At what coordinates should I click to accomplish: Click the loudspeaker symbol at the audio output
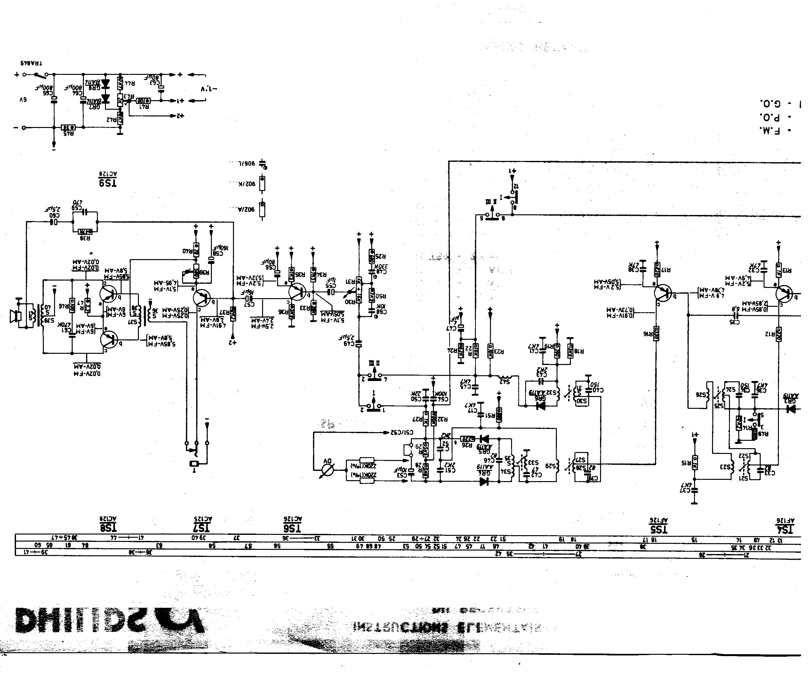(15, 317)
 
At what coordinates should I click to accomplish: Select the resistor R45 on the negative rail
(68, 128)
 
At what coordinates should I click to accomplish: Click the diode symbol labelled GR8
(106, 83)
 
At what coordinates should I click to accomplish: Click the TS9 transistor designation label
(108, 183)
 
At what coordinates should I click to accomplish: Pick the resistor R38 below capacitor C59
(85, 232)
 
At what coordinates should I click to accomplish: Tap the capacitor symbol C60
(54, 222)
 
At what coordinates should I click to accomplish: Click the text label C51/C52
(402, 432)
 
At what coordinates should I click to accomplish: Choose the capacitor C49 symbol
(359, 343)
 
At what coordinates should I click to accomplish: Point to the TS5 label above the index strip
(658, 529)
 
